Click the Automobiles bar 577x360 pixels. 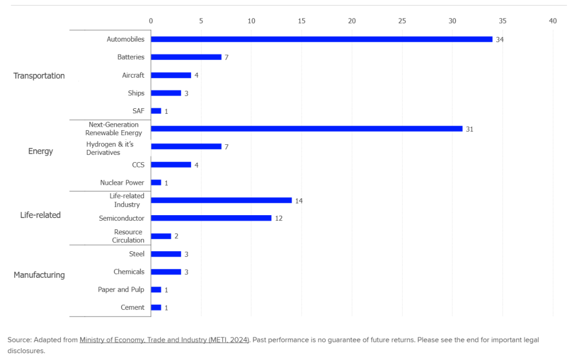tap(321, 39)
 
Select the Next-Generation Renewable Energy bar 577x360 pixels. tap(307, 128)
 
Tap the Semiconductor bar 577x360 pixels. tap(211, 218)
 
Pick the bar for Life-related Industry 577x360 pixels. tap(221, 200)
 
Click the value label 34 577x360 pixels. tap(499, 39)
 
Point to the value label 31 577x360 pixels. tap(469, 129)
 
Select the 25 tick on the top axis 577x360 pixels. tap(402, 21)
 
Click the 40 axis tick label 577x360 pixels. tap(553, 21)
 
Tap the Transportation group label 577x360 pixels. tap(39, 75)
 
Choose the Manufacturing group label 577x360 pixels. tap(39, 275)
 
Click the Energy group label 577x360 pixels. tap(41, 151)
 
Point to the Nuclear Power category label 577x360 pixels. tap(122, 183)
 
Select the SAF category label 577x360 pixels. tap(138, 111)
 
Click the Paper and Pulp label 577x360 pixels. tap(121, 290)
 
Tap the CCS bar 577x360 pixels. tap(171, 165)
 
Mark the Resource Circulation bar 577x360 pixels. tap(161, 236)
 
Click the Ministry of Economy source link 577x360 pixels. tap(164, 340)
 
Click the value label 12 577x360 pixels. tap(278, 219)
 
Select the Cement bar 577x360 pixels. tap(156, 308)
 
